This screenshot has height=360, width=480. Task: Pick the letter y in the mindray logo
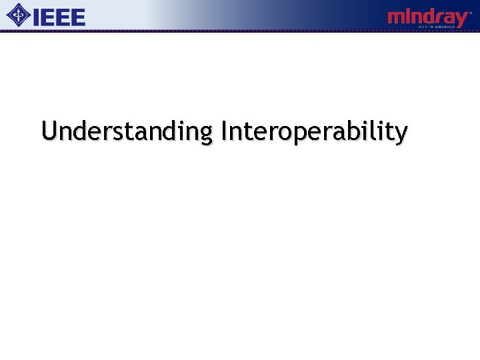pos(461,20)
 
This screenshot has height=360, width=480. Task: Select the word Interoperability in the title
pos(313,131)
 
